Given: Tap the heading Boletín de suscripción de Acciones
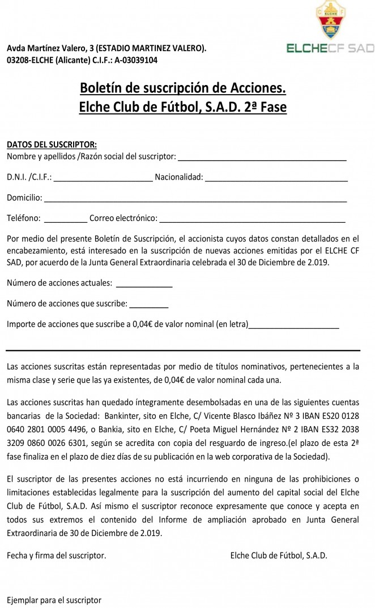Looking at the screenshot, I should click(183, 88).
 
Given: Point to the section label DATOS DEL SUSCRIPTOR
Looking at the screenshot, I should click(52, 144).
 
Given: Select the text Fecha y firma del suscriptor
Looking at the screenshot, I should click(57, 555).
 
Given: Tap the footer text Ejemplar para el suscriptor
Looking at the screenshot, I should click(54, 599).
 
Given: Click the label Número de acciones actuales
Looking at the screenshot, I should click(59, 283).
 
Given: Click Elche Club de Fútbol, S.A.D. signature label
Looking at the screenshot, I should click(279, 555).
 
